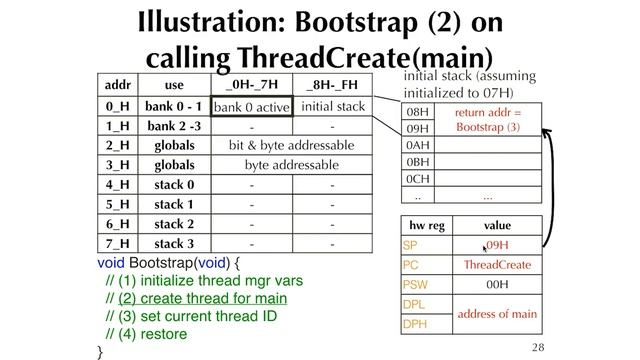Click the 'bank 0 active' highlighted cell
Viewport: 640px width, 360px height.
pyautogui.click(x=251, y=106)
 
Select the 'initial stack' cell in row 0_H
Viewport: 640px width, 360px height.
pyautogui.click(x=332, y=106)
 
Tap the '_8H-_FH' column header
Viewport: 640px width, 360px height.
pyautogui.click(x=332, y=85)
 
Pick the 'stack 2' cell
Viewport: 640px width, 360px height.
pyautogui.click(x=174, y=224)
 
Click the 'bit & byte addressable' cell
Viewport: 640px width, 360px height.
pyautogui.click(x=291, y=145)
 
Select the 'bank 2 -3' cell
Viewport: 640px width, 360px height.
pyautogui.click(x=174, y=126)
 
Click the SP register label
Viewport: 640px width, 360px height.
pyautogui.click(x=411, y=245)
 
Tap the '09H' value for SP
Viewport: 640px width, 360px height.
pyautogui.click(x=497, y=245)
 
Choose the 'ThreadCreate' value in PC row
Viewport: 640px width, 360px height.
pyautogui.click(x=497, y=265)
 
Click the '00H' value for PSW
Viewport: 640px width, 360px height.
pyautogui.click(x=497, y=285)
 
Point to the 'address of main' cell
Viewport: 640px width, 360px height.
pyautogui.click(x=497, y=314)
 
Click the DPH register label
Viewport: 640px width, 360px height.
pyautogui.click(x=414, y=324)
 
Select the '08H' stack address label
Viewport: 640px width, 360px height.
pyautogui.click(x=418, y=112)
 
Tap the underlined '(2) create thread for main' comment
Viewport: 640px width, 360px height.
pyautogui.click(x=202, y=298)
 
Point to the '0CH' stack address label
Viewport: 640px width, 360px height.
pyautogui.click(x=418, y=179)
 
